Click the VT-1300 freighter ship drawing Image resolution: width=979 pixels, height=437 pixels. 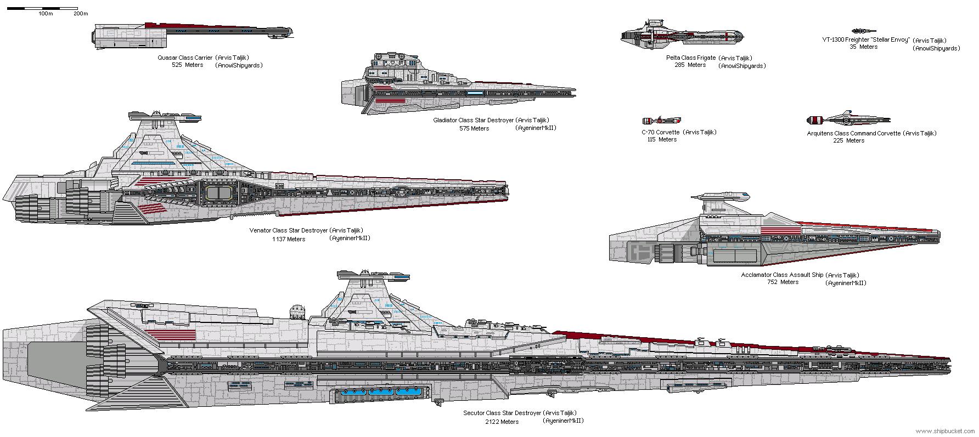(864, 31)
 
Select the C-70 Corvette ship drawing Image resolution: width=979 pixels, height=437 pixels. (661, 120)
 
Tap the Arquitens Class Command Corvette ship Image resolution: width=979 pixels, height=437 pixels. (847, 120)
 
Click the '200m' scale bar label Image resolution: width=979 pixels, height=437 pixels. (81, 13)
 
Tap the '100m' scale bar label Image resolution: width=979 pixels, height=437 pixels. (46, 13)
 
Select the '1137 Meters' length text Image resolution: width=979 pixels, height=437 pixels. (289, 239)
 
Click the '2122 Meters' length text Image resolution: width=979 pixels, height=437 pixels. (502, 422)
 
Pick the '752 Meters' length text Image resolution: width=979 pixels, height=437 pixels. (783, 282)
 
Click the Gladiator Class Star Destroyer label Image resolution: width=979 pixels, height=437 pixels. (491, 120)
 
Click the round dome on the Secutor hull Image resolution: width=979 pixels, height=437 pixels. (297, 311)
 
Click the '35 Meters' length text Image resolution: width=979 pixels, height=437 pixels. (863, 47)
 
